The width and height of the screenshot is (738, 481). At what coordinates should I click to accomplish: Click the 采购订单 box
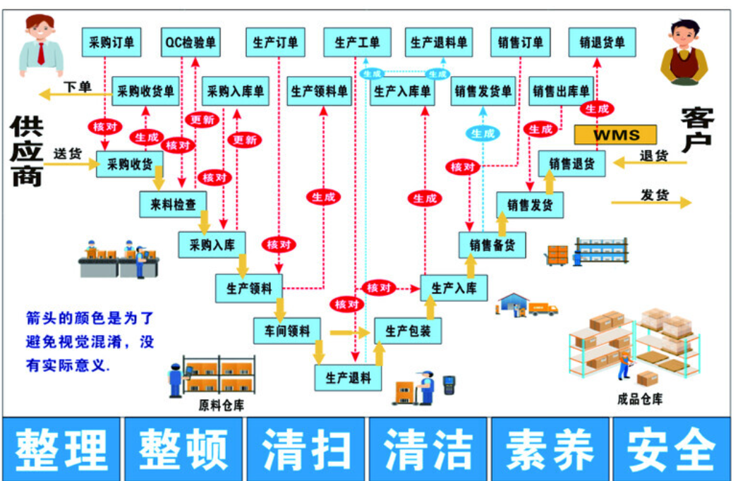[111, 42]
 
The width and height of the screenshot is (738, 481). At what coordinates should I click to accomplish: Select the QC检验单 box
[190, 42]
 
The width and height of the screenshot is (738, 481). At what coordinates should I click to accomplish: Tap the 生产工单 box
[356, 42]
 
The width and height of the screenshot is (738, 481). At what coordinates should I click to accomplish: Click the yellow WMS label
[615, 135]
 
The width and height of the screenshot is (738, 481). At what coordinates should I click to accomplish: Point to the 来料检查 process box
[173, 205]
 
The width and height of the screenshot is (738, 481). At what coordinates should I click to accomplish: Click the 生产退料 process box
[348, 378]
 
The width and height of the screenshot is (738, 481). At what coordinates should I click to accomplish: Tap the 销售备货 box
[492, 245]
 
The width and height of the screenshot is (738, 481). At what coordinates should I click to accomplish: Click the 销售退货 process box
[571, 164]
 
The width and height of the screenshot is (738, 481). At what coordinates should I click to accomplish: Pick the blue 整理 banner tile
[62, 449]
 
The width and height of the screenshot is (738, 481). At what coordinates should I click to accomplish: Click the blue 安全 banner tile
[671, 449]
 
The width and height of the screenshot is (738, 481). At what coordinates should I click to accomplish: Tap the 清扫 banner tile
[306, 449]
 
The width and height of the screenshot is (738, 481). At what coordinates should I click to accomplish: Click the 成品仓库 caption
[639, 399]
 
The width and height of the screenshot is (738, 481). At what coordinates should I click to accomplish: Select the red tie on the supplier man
[41, 53]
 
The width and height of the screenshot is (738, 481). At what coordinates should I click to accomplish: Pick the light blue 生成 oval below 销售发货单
[483, 133]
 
